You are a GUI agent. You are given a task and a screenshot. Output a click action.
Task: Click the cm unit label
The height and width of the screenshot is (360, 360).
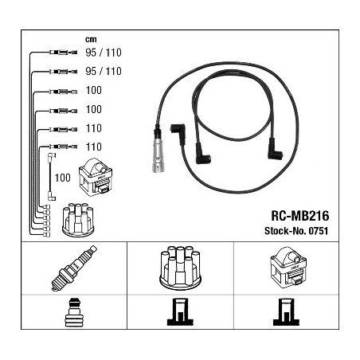pyautogui.click(x=91, y=40)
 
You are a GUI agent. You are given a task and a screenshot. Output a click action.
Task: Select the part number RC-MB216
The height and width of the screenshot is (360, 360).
pyautogui.click(x=300, y=216)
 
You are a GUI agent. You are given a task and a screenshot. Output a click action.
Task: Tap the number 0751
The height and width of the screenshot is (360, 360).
pyautogui.click(x=318, y=231)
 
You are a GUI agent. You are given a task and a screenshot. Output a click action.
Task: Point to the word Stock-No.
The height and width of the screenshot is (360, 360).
pyautogui.click(x=285, y=231)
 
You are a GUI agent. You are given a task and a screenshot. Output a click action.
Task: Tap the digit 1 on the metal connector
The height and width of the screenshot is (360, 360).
pyautogui.click(x=158, y=168)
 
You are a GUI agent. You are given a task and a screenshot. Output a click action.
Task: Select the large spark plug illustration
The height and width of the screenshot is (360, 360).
pyautogui.click(x=74, y=268)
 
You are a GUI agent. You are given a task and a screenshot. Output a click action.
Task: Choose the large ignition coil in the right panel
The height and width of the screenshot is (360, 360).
pyautogui.click(x=288, y=266)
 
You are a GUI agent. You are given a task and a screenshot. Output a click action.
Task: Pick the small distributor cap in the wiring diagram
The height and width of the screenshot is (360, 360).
pyautogui.click(x=78, y=220)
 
